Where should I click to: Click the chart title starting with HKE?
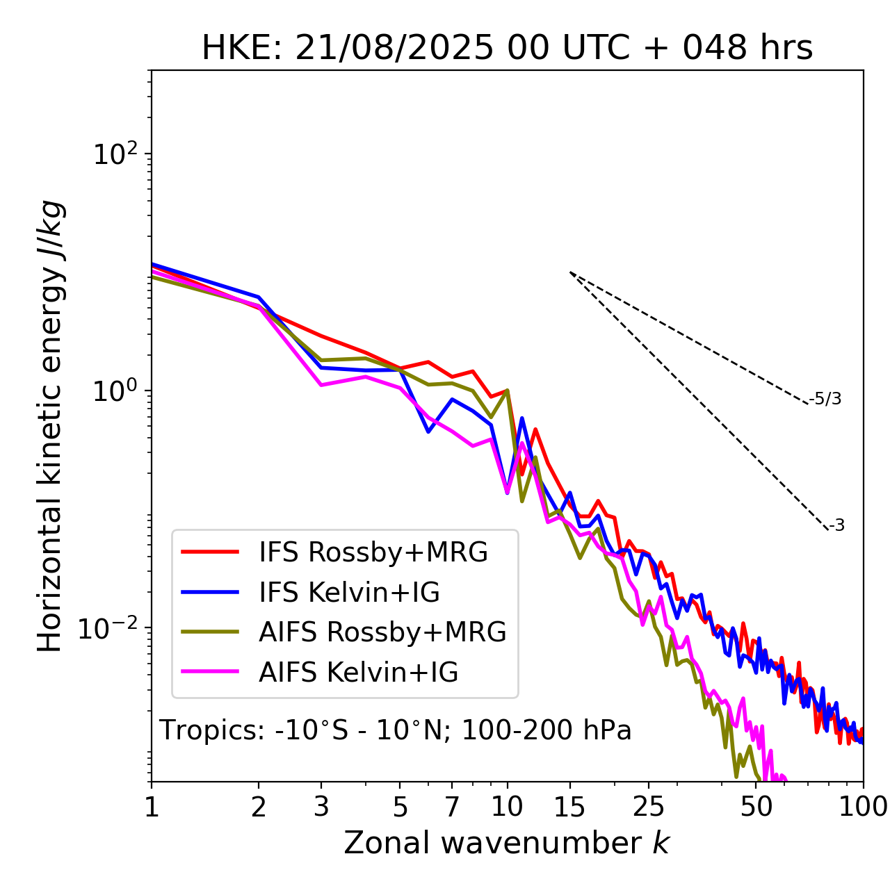(507, 49)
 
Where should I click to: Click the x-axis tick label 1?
(152, 807)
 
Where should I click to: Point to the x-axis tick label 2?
(259, 807)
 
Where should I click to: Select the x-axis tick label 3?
(321, 807)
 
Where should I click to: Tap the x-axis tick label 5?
(400, 807)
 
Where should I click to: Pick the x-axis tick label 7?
(452, 807)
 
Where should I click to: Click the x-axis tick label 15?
(570, 807)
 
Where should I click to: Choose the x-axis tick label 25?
(648, 807)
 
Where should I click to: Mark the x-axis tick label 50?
(756, 807)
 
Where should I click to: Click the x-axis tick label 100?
(863, 807)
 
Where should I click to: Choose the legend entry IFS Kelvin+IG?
(349, 593)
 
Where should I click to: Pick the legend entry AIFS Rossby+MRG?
(382, 632)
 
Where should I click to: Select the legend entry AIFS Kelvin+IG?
(358, 673)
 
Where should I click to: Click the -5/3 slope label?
(826, 399)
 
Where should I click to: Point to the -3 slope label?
(837, 526)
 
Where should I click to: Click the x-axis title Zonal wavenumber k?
(507, 843)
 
